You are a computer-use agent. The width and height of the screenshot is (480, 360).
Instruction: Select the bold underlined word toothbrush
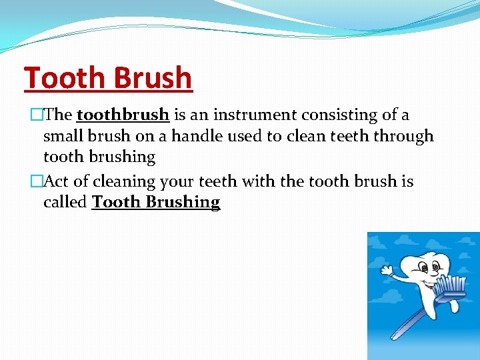[123, 115]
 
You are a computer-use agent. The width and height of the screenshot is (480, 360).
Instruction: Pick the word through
[403, 136]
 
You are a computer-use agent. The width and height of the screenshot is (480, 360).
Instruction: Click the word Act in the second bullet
[57, 181]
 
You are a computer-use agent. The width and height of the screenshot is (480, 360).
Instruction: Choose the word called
[65, 202]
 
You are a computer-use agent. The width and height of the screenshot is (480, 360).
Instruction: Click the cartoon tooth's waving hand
[387, 270]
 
